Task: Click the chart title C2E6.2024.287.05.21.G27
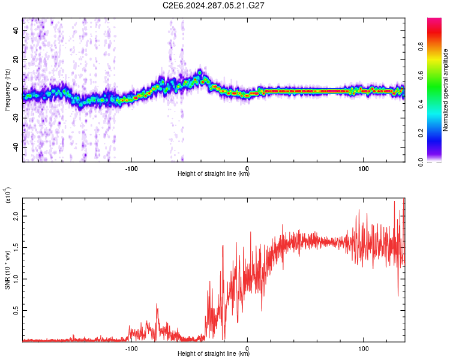coord(214,5)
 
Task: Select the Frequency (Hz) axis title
coord(7,89)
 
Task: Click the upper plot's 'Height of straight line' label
coord(214,174)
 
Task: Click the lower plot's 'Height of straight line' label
coord(214,353)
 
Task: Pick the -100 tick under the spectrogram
coord(131,168)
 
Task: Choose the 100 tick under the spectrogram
coord(363,168)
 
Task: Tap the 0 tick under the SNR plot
coord(247,347)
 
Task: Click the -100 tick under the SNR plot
coord(131,347)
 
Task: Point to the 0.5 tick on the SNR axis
coord(16,310)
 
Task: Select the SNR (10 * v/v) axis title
coord(7,269)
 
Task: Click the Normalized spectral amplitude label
coord(446,90)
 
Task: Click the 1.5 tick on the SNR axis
coord(16,247)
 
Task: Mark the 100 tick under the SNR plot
coord(363,347)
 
